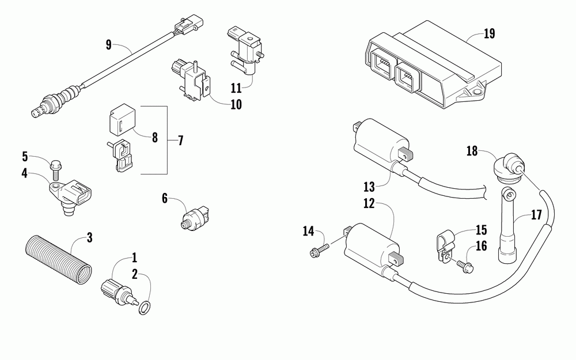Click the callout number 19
point(489,33)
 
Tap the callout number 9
point(108,43)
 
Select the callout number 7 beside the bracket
point(180,140)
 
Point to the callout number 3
point(89,237)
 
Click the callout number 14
point(308,231)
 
